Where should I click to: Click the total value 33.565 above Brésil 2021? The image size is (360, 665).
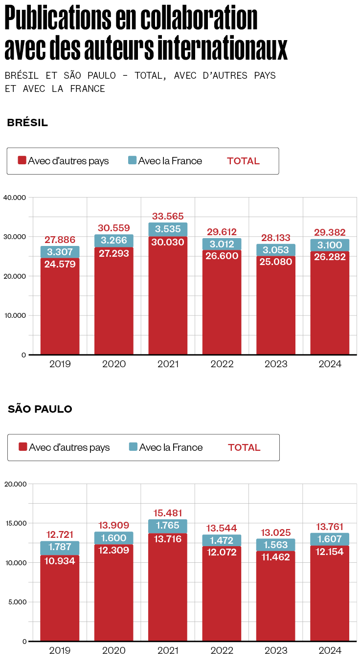168,216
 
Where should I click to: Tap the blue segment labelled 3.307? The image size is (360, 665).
60,252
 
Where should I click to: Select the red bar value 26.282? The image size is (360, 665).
330,257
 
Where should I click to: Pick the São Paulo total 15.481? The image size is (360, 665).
168,513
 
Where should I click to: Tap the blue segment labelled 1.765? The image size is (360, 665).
168,526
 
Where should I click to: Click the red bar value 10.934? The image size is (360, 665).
60,561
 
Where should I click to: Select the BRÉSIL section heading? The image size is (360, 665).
27,123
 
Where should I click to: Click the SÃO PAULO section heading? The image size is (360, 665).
40,409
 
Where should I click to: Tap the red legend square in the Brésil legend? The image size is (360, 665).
22,160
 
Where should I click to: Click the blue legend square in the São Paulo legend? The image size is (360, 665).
133,447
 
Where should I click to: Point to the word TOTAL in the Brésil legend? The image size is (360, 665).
243,161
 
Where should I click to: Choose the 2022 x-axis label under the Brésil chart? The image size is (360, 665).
222,364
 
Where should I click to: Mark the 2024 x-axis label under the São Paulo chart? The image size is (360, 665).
330,651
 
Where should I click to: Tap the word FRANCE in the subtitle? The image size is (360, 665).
88,89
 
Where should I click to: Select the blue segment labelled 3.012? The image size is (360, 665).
222,244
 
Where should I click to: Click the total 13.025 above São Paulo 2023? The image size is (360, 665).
276,532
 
